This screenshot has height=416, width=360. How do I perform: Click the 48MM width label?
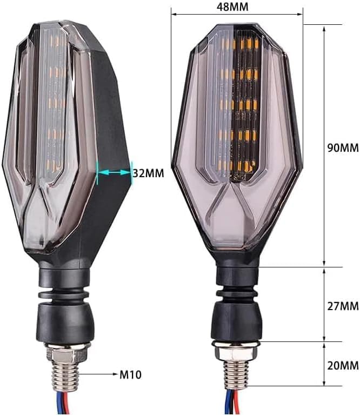(232, 6)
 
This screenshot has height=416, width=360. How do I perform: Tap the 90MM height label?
(343, 147)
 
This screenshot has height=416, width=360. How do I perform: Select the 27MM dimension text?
(343, 306)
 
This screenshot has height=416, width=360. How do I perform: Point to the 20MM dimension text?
(343, 366)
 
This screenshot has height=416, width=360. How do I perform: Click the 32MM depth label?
(149, 173)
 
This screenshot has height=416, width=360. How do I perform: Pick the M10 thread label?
(130, 374)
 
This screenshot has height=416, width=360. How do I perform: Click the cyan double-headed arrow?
(114, 172)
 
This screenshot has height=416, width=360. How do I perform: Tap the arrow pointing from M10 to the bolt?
(98, 374)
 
